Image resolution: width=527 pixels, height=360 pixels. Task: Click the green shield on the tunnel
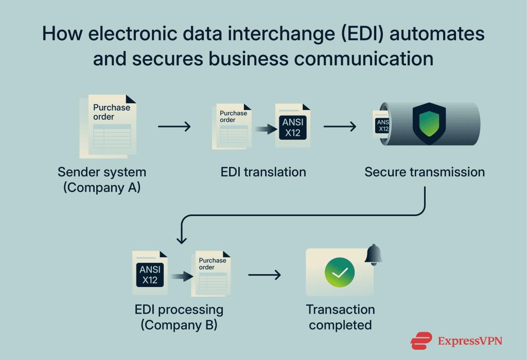429,123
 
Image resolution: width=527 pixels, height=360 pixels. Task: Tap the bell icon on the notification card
374,255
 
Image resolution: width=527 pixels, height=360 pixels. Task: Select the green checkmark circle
340,272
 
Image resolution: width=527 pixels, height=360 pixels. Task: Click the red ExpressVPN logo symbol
421,340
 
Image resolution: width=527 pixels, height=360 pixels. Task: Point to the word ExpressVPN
470,341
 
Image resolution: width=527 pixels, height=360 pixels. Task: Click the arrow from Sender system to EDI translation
174,127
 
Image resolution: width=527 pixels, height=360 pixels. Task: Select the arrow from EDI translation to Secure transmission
340,127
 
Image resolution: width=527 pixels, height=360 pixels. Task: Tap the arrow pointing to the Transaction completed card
264,275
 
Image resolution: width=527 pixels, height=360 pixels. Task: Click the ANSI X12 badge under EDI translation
293,127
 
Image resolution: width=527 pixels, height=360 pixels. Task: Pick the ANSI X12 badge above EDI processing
150,275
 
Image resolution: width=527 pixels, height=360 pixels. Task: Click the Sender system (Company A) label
102,179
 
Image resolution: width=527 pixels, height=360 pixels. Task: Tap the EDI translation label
263,172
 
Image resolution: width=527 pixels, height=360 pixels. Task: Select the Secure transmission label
425,172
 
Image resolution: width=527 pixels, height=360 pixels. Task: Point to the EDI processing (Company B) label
179,317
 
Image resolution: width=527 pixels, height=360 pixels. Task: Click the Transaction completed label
340,317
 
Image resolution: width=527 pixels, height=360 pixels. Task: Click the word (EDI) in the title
362,34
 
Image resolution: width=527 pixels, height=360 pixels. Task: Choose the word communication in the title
364,59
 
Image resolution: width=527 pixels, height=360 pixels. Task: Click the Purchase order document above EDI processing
211,274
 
